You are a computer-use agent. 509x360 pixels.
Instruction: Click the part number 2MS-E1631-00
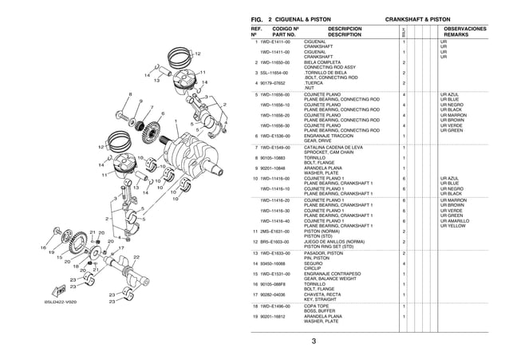click(x=274, y=231)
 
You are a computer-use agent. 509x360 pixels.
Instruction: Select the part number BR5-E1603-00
click(x=274, y=241)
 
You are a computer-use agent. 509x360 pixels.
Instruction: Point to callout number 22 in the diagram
click(x=136, y=256)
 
